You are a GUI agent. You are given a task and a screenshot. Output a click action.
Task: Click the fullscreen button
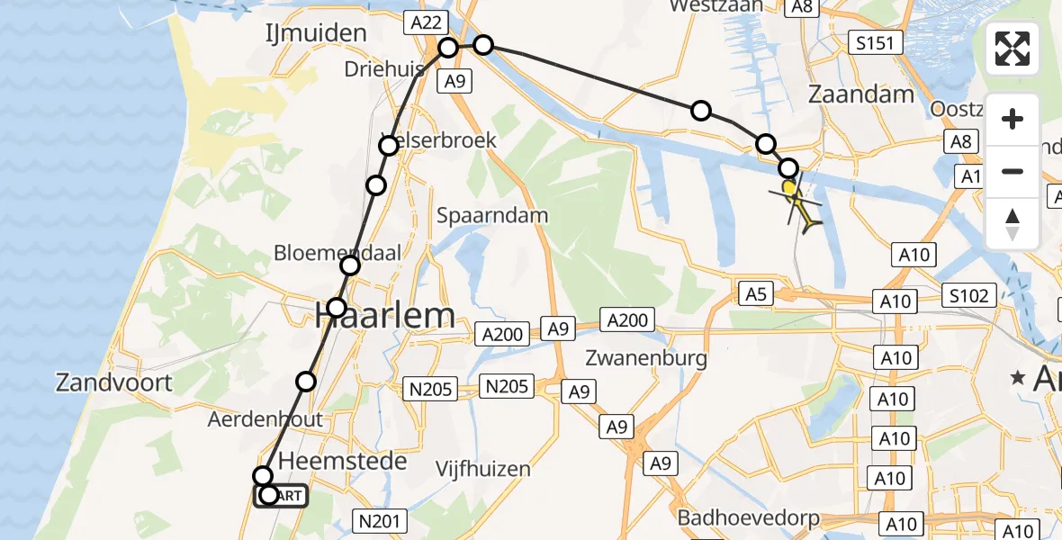(x=1012, y=49)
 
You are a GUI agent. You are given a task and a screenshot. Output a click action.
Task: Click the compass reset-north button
(x=1012, y=223)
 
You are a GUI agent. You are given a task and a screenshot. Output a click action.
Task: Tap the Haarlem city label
(x=384, y=315)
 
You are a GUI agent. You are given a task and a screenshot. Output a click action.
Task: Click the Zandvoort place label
(x=113, y=382)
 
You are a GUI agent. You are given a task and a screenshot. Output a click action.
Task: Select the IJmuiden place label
(x=315, y=33)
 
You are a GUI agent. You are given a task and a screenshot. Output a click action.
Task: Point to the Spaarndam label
(x=492, y=215)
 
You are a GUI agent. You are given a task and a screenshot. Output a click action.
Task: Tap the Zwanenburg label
(x=645, y=358)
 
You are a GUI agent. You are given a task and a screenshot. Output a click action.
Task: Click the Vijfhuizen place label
(x=482, y=469)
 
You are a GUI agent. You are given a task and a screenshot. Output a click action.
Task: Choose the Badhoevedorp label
(x=749, y=517)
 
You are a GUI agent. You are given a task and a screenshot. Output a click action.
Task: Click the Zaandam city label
(x=861, y=94)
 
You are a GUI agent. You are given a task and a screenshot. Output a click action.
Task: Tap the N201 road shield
(x=381, y=520)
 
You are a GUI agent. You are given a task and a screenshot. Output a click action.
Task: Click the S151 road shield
(x=876, y=42)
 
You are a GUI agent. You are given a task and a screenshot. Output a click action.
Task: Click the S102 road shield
(x=968, y=295)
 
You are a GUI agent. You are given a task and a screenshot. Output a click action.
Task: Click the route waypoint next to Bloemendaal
(x=350, y=265)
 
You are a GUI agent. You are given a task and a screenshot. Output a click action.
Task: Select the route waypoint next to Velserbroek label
(x=388, y=146)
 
